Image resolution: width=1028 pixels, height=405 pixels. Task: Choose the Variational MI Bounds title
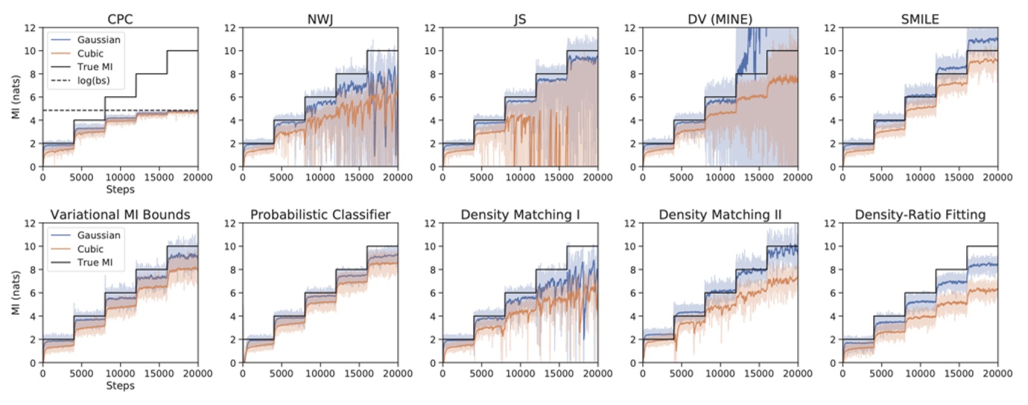coord(120,215)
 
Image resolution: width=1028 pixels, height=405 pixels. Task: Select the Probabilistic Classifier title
coord(320,215)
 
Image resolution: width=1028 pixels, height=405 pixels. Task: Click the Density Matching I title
coord(521,215)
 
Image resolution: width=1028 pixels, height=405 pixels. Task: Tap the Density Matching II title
coord(720,215)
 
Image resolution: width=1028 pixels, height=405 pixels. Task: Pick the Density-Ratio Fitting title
coord(921,215)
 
